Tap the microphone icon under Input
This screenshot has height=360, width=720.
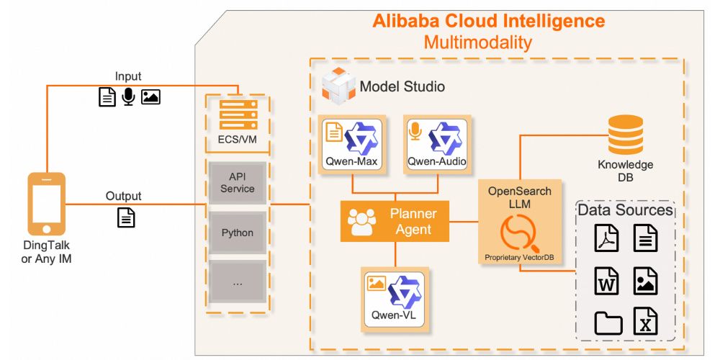128,96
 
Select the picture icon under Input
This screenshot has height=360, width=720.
150,96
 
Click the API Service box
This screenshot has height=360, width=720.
238,182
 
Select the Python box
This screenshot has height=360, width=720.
238,233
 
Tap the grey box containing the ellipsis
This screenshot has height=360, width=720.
238,283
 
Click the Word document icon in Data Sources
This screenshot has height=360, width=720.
606,280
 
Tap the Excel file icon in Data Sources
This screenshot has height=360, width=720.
644,321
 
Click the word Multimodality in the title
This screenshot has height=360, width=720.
477,42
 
